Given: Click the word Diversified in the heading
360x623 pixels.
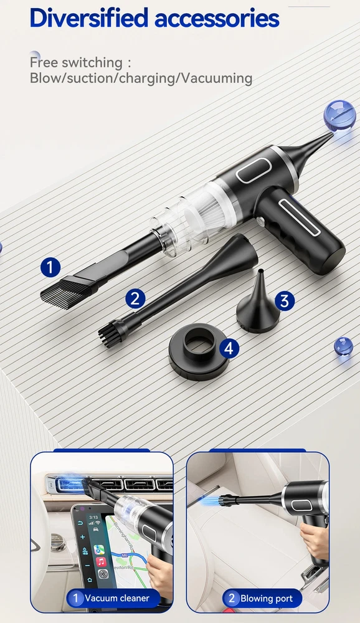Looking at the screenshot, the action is (x=89, y=17).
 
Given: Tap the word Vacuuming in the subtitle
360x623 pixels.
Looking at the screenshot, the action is (x=217, y=78).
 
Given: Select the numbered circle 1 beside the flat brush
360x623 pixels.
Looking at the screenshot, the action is (x=50, y=267).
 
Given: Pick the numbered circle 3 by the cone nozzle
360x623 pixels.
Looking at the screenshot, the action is (x=285, y=301).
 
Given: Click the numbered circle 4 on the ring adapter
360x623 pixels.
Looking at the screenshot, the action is (x=229, y=348).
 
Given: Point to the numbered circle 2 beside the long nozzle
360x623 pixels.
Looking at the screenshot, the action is (x=135, y=298).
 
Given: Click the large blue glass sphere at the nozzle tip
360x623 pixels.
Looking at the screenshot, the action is (x=339, y=116).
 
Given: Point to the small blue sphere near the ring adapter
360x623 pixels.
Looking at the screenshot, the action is (x=343, y=346).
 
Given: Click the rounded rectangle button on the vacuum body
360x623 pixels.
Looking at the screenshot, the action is (x=254, y=171).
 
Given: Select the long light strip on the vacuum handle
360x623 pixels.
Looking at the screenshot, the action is (x=299, y=217).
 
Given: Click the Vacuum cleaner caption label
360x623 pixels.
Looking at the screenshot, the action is (x=113, y=597).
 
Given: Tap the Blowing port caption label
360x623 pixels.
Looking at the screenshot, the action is (x=262, y=598).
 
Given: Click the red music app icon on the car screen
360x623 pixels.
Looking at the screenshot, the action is (x=101, y=561).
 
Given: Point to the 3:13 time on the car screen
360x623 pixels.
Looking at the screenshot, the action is (x=93, y=517).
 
